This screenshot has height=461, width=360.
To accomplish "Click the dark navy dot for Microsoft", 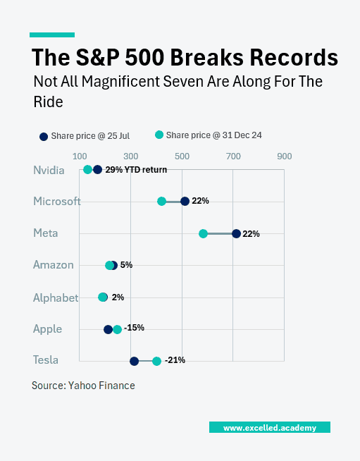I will [185, 201].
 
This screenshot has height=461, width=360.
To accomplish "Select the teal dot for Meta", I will [203, 233].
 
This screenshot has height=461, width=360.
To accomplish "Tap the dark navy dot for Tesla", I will [134, 361].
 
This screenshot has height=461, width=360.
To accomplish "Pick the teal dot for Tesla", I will [156, 361].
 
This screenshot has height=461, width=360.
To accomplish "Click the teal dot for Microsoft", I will [161, 201].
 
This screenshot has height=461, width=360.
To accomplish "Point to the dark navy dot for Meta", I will [236, 233].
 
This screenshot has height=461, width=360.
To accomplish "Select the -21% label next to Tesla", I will [175, 360].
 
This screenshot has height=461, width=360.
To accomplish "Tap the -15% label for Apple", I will [134, 328].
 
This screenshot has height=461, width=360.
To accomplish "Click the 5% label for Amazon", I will [126, 265].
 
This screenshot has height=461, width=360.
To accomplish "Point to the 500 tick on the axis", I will [182, 156].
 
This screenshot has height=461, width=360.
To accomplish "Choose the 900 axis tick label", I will [284, 156].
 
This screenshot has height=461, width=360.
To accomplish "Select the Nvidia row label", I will [49, 170].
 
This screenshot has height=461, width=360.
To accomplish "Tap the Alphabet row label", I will [56, 297].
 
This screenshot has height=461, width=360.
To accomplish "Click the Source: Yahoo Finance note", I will [83, 386].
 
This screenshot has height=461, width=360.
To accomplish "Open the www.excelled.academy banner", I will [270, 427].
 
